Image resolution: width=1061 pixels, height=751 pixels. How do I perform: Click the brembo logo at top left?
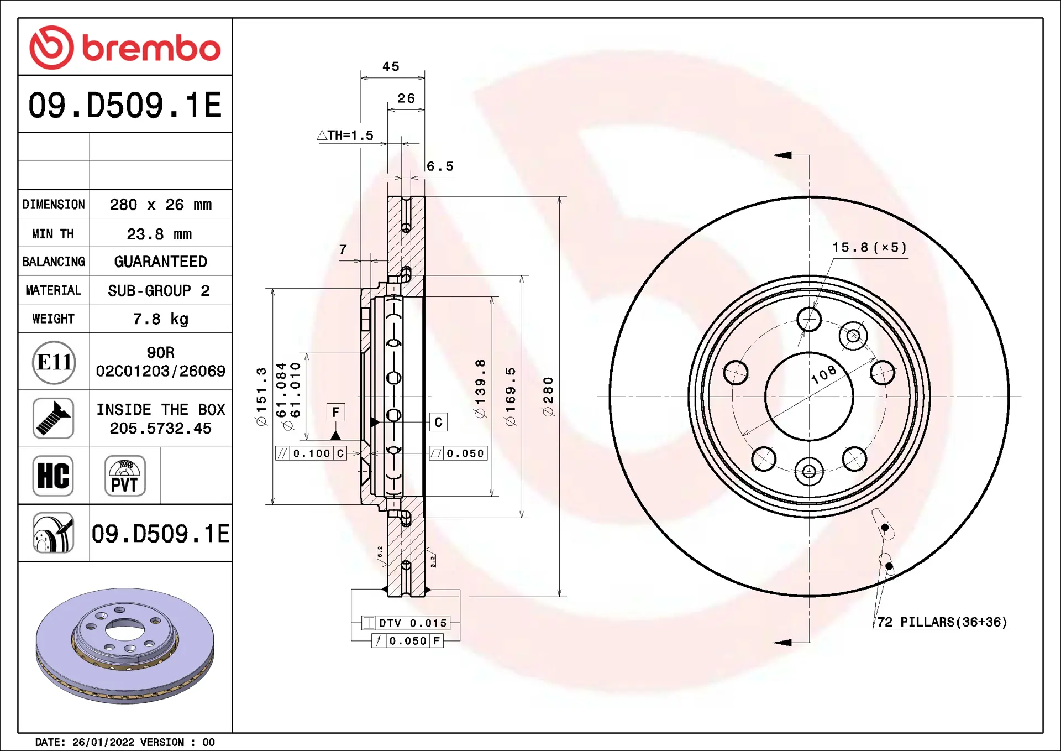(125, 48)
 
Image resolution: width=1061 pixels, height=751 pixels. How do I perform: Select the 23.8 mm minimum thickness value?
(160, 234)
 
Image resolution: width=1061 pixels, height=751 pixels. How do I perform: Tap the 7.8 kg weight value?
(161, 319)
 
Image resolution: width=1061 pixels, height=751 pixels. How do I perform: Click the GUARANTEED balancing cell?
(161, 262)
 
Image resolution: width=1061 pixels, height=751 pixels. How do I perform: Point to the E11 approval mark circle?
(54, 362)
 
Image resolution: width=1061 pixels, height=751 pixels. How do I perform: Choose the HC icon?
(53, 476)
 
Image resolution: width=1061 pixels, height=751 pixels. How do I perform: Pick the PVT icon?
(125, 476)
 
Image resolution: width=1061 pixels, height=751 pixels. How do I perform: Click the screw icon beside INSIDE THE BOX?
(53, 419)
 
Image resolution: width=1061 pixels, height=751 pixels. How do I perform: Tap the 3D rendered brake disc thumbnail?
(125, 646)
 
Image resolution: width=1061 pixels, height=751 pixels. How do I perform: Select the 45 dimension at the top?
(391, 66)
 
